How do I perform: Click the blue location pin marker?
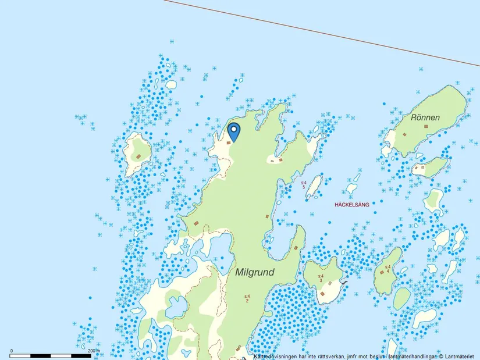pyautogui.click(x=233, y=131)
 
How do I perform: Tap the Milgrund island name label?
pyautogui.click(x=255, y=272)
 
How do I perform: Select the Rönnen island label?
pyautogui.click(x=425, y=117)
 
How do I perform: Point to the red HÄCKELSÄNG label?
pyautogui.click(x=352, y=205)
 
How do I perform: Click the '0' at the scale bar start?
pyautogui.click(x=12, y=351)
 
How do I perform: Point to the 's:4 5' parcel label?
pyautogui.click(x=303, y=185)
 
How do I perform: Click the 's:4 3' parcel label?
pyautogui.click(x=321, y=278)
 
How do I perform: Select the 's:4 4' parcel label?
pyautogui.click(x=387, y=269)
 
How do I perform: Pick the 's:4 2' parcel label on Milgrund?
pyautogui.click(x=247, y=298)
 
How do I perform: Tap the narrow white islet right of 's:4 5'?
pyautogui.click(x=314, y=186)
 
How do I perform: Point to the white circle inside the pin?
pyautogui.click(x=233, y=129)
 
